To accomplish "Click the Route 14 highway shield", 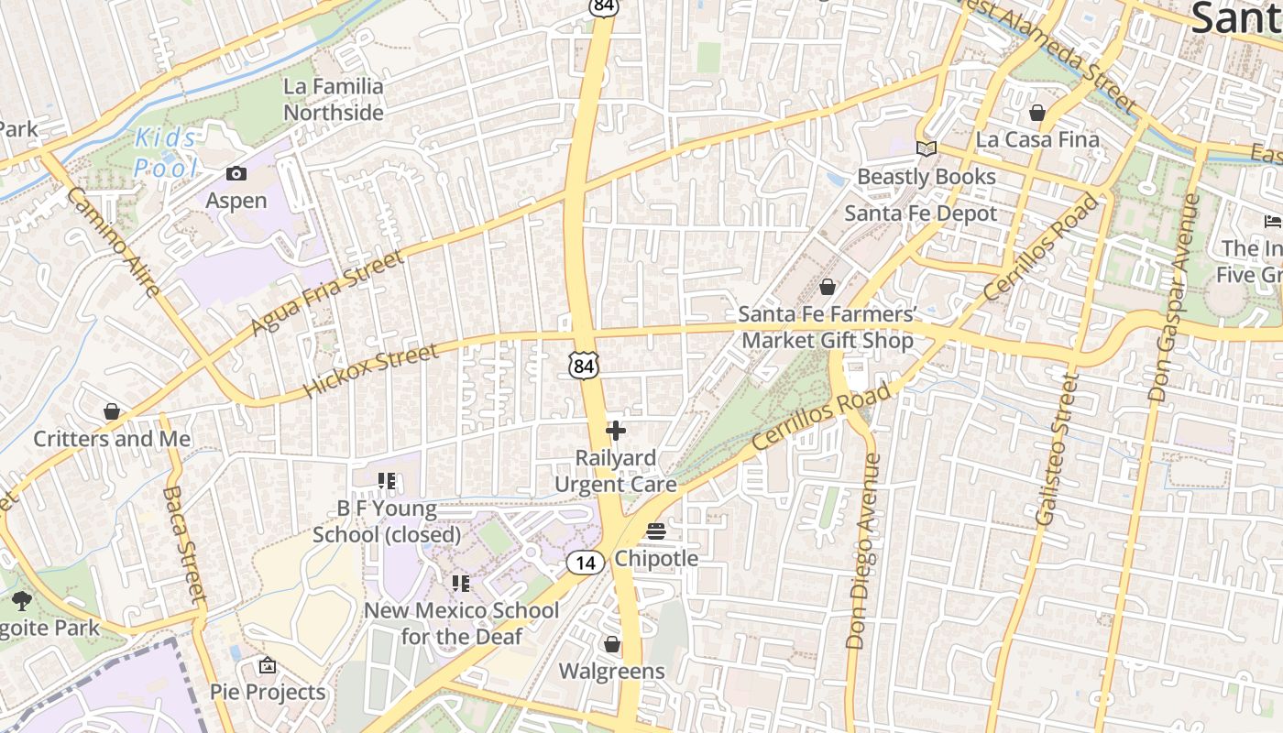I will pos(585,562).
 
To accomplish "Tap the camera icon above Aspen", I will pos(236,173).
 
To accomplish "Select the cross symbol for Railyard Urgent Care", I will pos(616,430).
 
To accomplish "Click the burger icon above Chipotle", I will pos(656,531).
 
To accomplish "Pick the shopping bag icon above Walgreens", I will pos(612,645).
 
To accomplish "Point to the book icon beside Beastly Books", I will pos(927,148).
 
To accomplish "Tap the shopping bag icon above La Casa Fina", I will pos(1037,113).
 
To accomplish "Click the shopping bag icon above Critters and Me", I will pos(112,411).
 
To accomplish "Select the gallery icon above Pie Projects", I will pos(268,665).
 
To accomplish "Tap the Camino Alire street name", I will pos(114,242).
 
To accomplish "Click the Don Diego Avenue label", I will pos(862,552).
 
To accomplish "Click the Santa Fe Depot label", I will pos(920,213).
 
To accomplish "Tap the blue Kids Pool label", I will pos(166,153).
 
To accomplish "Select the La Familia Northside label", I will pos(334,99).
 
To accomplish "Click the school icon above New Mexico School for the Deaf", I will pos(461,583).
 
